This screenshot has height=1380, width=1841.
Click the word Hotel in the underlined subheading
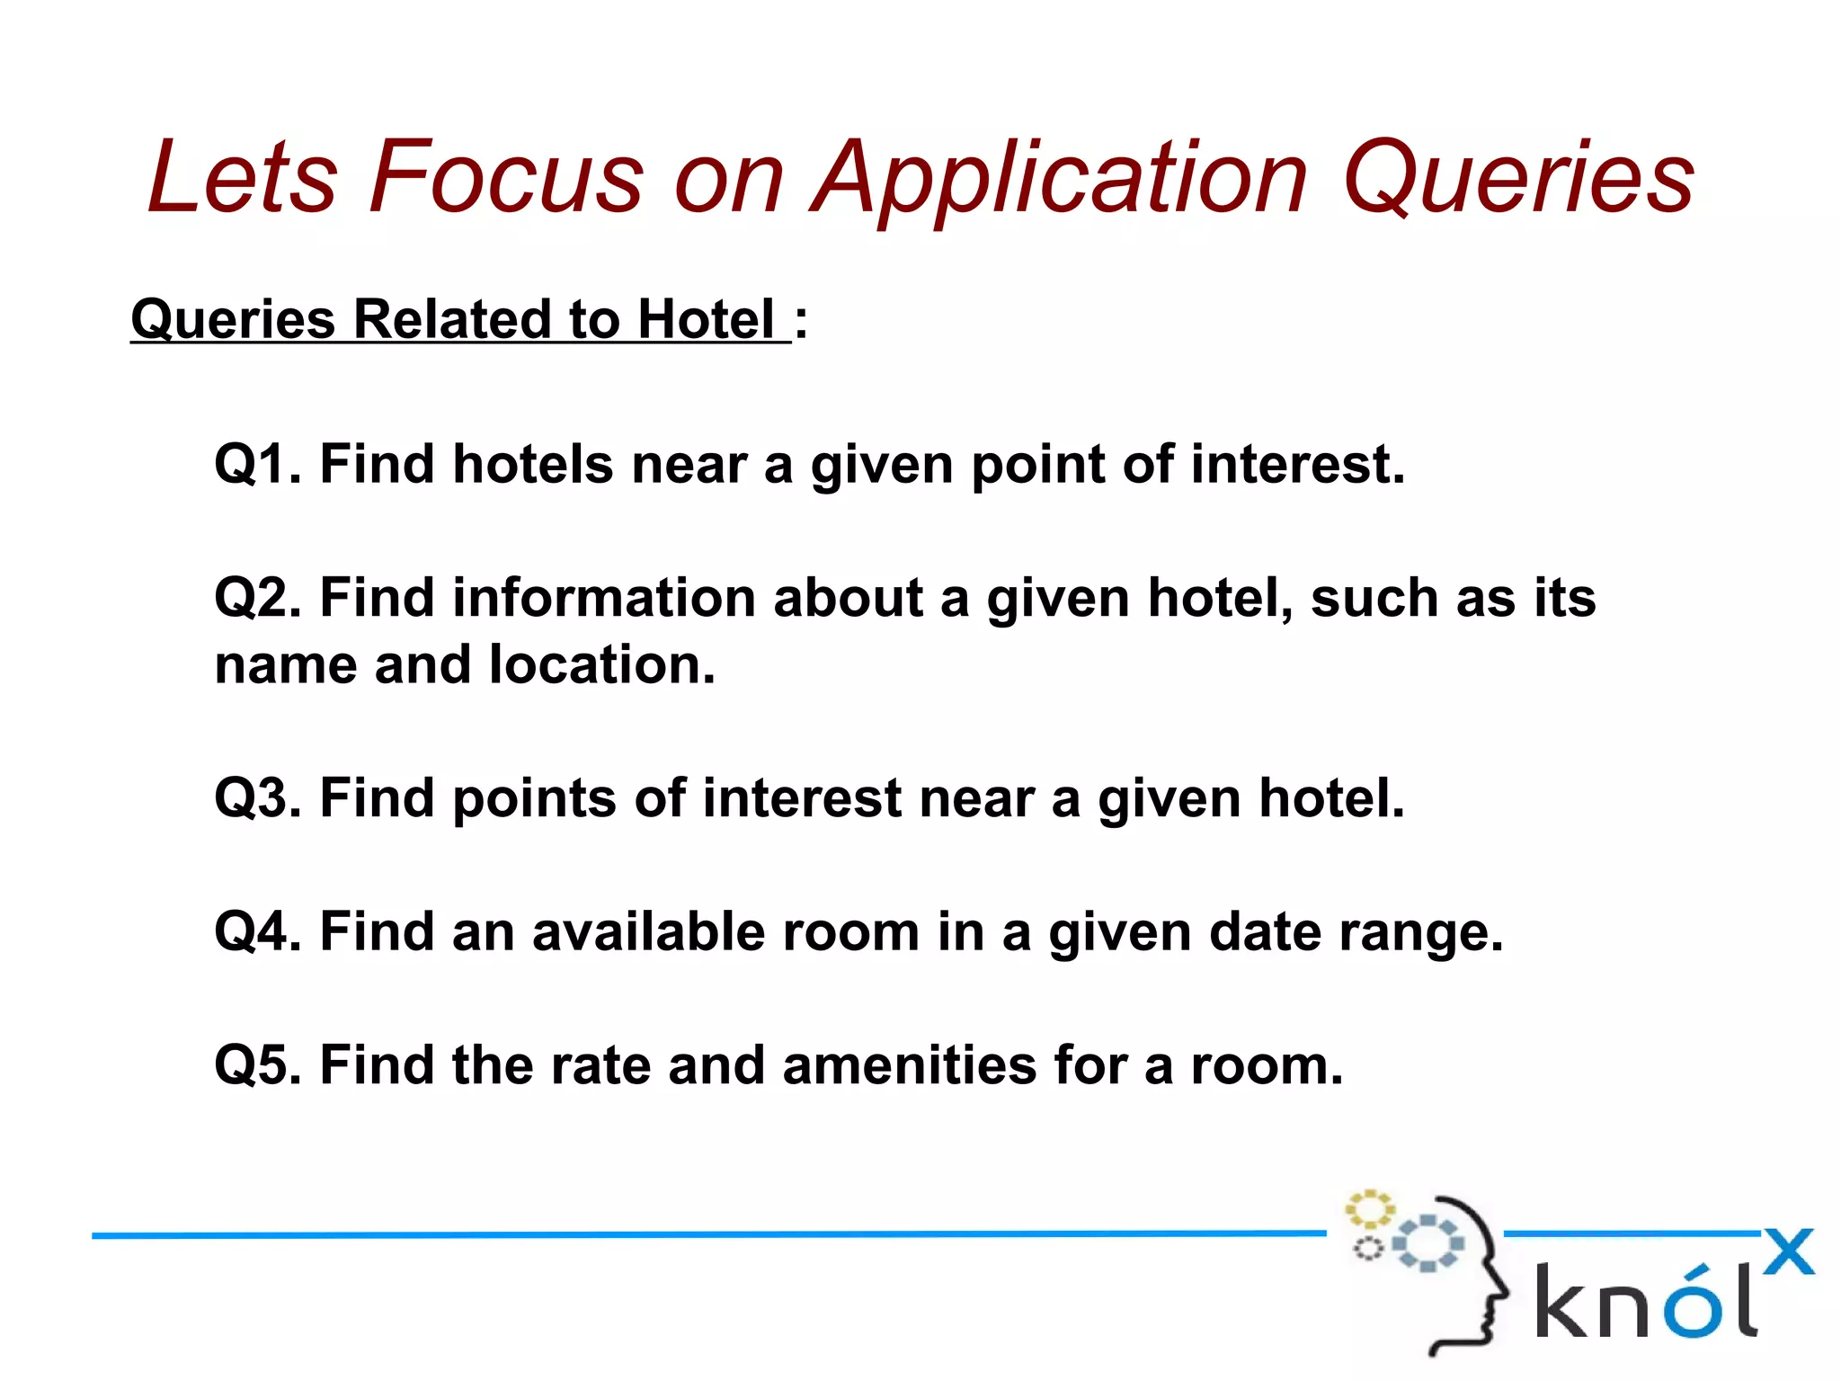(x=706, y=319)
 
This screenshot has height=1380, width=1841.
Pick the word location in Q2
(x=602, y=665)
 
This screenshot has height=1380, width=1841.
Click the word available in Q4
(x=648, y=931)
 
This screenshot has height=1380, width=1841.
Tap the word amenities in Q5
(x=910, y=1065)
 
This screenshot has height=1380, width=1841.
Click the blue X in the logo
(x=1789, y=1251)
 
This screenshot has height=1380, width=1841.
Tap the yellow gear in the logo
(x=1369, y=1209)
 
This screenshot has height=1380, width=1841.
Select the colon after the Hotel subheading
(x=801, y=322)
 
